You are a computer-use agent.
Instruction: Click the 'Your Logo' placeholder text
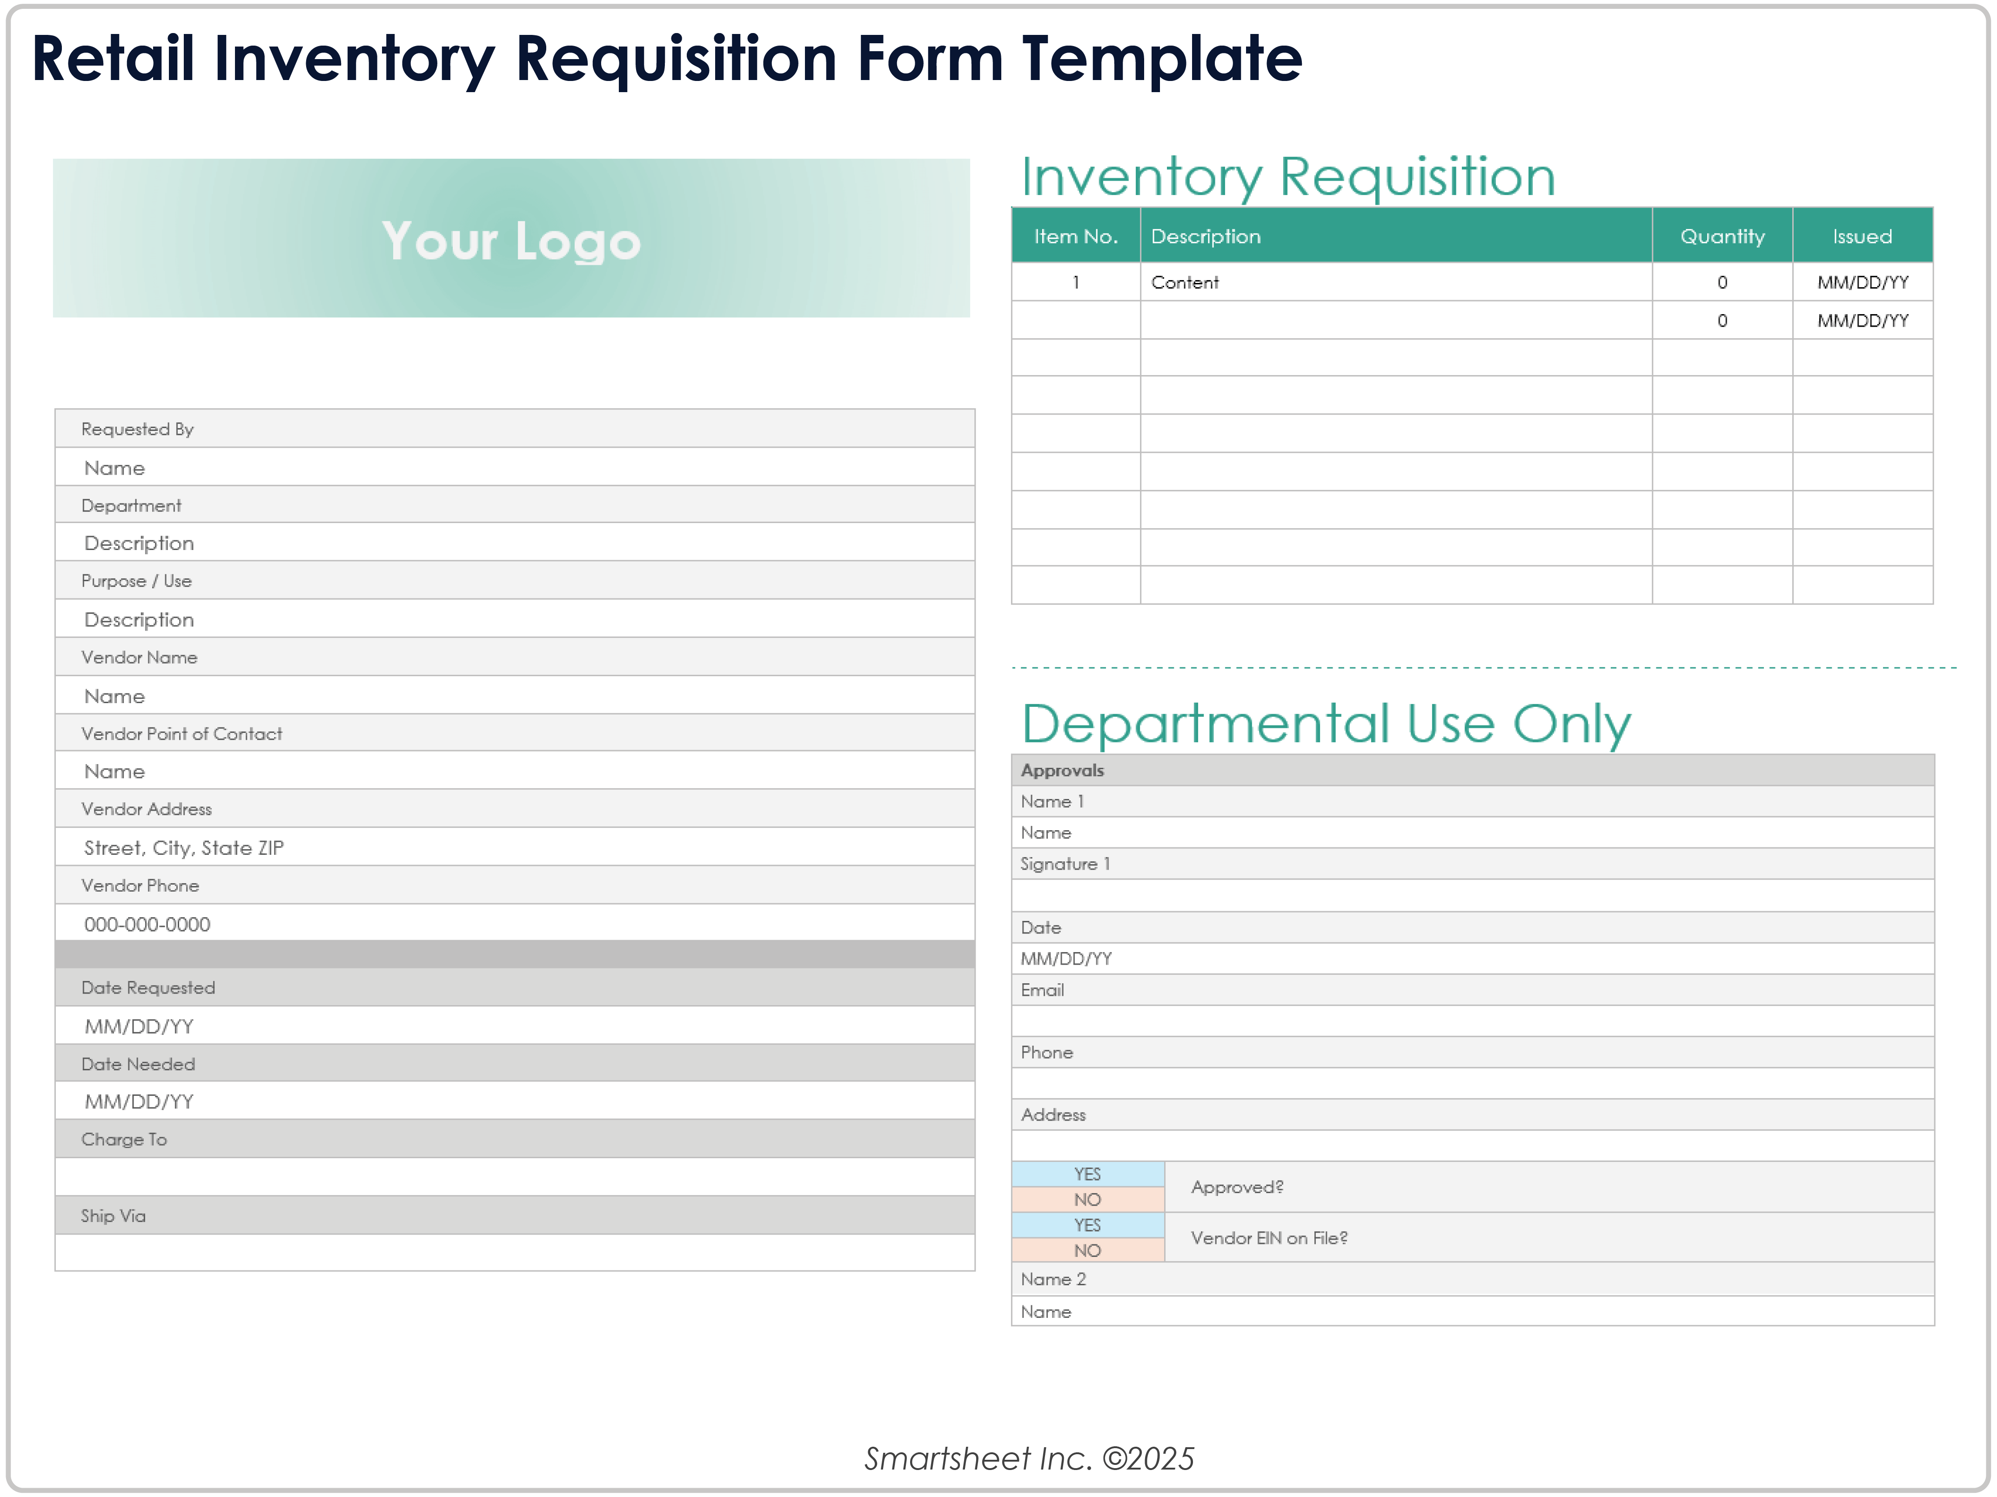coord(511,241)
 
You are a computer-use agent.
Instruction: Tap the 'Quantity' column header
coord(1722,236)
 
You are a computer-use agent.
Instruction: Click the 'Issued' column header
coord(1862,236)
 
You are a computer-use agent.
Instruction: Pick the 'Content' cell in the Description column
coord(1185,282)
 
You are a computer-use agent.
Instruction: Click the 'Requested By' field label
coord(137,429)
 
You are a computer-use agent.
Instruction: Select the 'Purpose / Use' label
coord(136,581)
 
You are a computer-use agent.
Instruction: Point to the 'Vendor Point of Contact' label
coord(181,734)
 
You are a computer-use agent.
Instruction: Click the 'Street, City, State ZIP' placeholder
coord(183,848)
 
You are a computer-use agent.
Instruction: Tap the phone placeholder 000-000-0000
coord(147,925)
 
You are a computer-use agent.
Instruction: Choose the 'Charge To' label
coord(124,1140)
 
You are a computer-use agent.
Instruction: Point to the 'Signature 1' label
coord(1066,864)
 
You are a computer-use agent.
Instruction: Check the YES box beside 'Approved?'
coord(1088,1174)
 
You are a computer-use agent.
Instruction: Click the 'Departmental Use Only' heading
coord(1326,724)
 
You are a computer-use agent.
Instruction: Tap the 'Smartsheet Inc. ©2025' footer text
coord(1029,1458)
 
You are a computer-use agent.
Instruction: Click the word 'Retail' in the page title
coord(113,59)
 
